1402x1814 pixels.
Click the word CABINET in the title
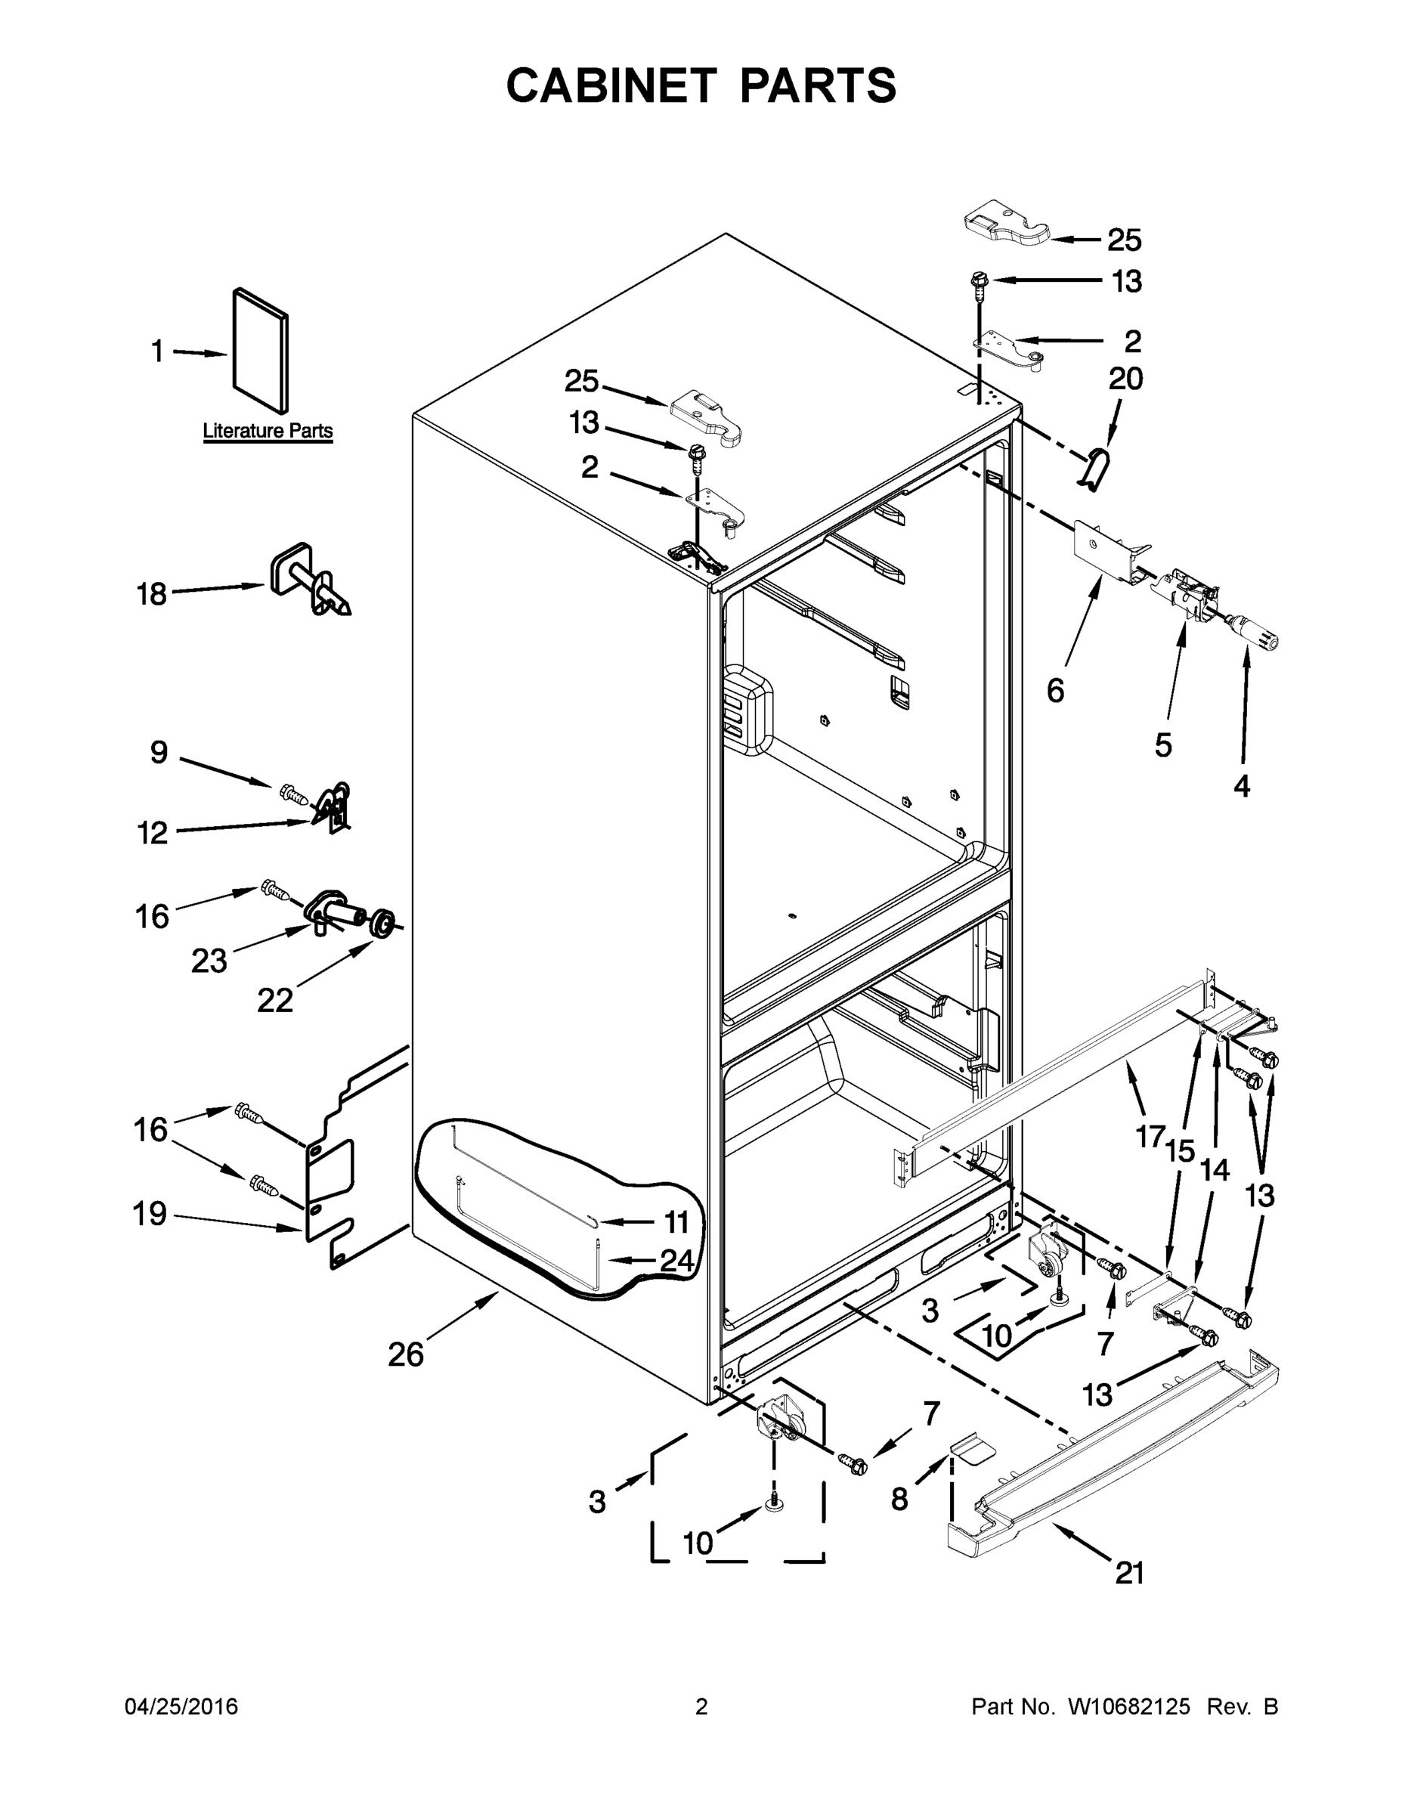point(611,85)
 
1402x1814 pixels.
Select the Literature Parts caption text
point(268,431)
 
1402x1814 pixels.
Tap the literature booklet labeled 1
point(261,351)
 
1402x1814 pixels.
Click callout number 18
point(151,595)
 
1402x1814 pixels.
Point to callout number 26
point(405,1354)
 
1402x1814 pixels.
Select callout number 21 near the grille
point(1130,1572)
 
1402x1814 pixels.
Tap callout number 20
point(1125,379)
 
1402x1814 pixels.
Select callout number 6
point(1055,690)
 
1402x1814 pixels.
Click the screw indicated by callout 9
point(295,795)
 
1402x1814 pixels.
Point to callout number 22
point(274,1001)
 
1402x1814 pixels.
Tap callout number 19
point(150,1215)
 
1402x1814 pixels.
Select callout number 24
point(676,1261)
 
